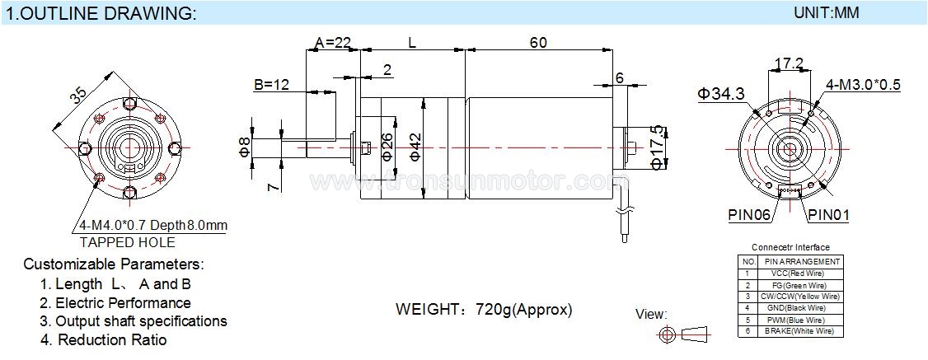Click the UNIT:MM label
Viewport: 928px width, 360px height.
tap(827, 13)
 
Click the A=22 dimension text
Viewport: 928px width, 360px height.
tap(332, 42)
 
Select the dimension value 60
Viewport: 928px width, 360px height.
tap(538, 42)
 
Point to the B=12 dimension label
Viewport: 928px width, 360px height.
tap(271, 84)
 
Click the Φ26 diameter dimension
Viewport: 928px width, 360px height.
tap(387, 146)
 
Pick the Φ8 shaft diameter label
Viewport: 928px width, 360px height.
tap(244, 146)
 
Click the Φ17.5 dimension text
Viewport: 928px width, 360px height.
tap(657, 147)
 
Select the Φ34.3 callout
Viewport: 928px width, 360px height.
tap(721, 94)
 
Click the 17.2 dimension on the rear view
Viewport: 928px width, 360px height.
tap(789, 63)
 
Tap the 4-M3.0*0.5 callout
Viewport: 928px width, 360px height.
tap(863, 85)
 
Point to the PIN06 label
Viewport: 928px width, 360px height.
tap(748, 216)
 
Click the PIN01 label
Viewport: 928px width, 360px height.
tap(828, 216)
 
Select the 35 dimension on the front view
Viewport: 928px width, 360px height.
tap(78, 95)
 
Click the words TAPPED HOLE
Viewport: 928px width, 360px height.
tap(127, 242)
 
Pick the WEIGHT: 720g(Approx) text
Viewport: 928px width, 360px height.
tap(484, 310)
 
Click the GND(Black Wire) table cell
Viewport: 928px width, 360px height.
tap(799, 307)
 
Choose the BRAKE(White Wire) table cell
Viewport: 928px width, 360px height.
tap(799, 330)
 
